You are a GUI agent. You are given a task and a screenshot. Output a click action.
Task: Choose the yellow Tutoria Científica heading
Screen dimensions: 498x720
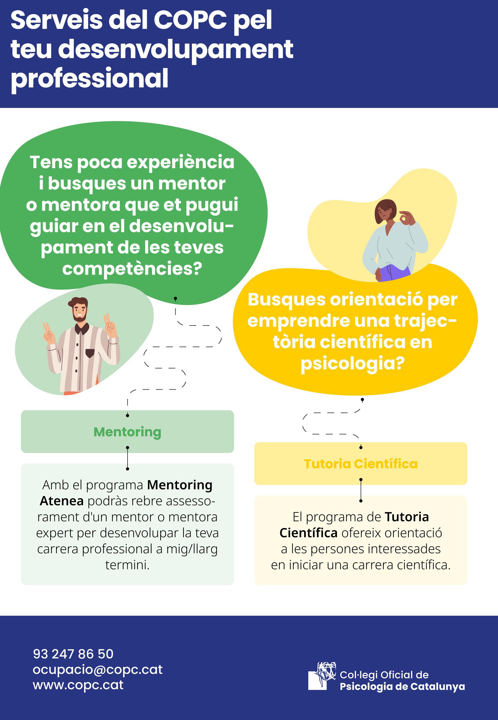coord(361,464)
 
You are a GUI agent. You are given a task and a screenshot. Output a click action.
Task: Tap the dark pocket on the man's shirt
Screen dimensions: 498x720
coord(90,353)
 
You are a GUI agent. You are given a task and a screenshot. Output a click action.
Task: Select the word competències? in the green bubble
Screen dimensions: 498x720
coord(132,269)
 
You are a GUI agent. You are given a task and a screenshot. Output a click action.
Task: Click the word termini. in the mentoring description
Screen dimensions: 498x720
coord(127,565)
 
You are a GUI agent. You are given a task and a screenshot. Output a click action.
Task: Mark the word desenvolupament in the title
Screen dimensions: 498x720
coord(176,49)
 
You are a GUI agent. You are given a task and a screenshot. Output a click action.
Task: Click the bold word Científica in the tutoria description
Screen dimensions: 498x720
coord(308,533)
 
